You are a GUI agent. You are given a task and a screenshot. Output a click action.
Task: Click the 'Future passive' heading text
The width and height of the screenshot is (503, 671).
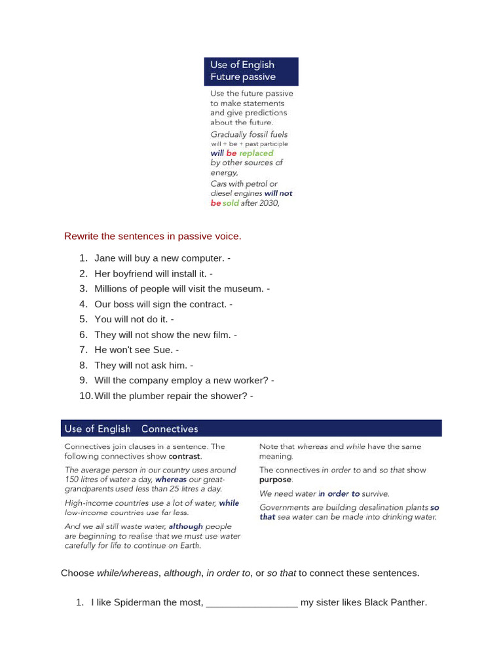click(x=242, y=77)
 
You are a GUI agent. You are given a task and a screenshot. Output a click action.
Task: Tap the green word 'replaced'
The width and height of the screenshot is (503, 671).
click(x=256, y=153)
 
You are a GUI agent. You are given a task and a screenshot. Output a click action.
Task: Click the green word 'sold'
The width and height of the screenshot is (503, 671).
click(x=231, y=203)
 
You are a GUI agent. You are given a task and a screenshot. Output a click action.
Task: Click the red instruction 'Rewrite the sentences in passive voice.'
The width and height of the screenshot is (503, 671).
click(x=153, y=236)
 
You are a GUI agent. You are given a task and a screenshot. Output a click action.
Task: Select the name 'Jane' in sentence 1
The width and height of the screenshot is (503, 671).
click(x=105, y=258)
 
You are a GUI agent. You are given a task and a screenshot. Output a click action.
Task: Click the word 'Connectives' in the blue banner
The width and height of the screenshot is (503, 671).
click(x=169, y=429)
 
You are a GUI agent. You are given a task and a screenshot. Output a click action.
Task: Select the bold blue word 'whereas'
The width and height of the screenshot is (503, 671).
click(x=171, y=480)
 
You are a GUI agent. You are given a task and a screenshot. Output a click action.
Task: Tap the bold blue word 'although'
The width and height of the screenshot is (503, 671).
click(x=186, y=526)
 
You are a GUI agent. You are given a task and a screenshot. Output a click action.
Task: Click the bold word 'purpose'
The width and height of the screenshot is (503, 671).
click(x=275, y=480)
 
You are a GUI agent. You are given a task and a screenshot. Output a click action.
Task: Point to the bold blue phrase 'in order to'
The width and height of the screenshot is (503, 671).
click(x=339, y=494)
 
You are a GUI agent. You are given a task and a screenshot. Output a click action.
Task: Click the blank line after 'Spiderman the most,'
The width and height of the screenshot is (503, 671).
click(x=252, y=603)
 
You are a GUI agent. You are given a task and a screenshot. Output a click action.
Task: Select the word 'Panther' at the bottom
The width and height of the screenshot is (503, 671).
click(x=408, y=602)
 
